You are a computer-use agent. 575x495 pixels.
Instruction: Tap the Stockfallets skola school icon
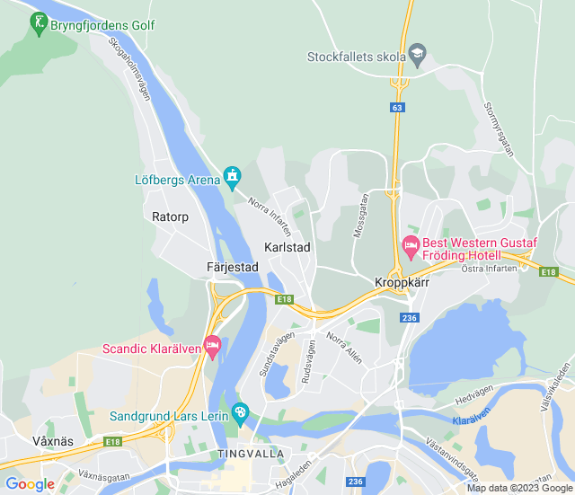point(417,55)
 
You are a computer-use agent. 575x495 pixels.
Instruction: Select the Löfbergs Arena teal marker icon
point(233,176)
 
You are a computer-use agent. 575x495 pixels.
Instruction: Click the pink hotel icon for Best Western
point(411,244)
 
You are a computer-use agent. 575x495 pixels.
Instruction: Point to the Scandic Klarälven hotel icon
point(212,344)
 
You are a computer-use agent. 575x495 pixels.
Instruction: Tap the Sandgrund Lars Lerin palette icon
point(239,412)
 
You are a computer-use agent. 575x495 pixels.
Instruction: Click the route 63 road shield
point(397,108)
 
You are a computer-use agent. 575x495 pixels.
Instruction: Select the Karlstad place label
point(287,247)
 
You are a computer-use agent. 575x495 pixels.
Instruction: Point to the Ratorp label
point(170,217)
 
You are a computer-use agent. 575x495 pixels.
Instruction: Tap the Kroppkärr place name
point(402,282)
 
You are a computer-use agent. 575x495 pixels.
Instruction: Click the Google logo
point(31,484)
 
